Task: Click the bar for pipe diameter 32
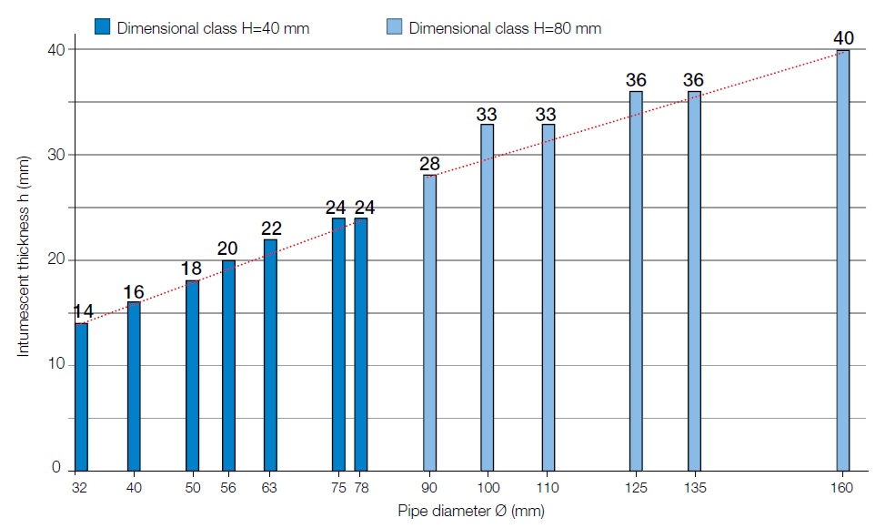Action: pos(81,396)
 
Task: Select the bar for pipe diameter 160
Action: pos(842,259)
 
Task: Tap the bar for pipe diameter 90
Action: pos(429,322)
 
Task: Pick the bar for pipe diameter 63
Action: pos(270,354)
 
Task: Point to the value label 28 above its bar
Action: pos(429,164)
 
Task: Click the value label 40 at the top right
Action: pos(842,38)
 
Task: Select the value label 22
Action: pos(270,228)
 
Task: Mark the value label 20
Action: pos(228,249)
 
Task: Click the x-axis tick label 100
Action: pos(488,489)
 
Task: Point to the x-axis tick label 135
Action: pos(694,489)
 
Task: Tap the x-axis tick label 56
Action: pos(228,489)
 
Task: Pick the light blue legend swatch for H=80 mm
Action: pos(394,27)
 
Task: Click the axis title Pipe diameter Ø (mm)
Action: pos(470,511)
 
